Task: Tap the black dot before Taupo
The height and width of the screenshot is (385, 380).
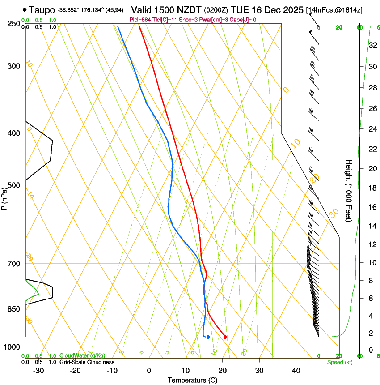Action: [24, 9]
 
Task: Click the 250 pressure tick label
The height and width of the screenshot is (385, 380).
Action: [14, 24]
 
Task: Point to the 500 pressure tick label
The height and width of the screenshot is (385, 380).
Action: [14, 185]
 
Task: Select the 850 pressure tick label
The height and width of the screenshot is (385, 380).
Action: [14, 309]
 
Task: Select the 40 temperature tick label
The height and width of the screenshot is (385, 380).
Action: [296, 370]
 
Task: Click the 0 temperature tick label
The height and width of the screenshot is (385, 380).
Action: [149, 370]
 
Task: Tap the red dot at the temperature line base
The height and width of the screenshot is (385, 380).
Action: [225, 337]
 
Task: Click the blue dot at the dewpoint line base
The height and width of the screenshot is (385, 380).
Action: [208, 337]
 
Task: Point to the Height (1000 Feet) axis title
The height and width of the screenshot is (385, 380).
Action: [349, 190]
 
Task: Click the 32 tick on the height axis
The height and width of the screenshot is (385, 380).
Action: [371, 45]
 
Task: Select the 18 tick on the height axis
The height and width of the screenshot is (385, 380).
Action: [371, 188]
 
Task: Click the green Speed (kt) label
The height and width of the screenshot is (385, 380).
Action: [339, 362]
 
